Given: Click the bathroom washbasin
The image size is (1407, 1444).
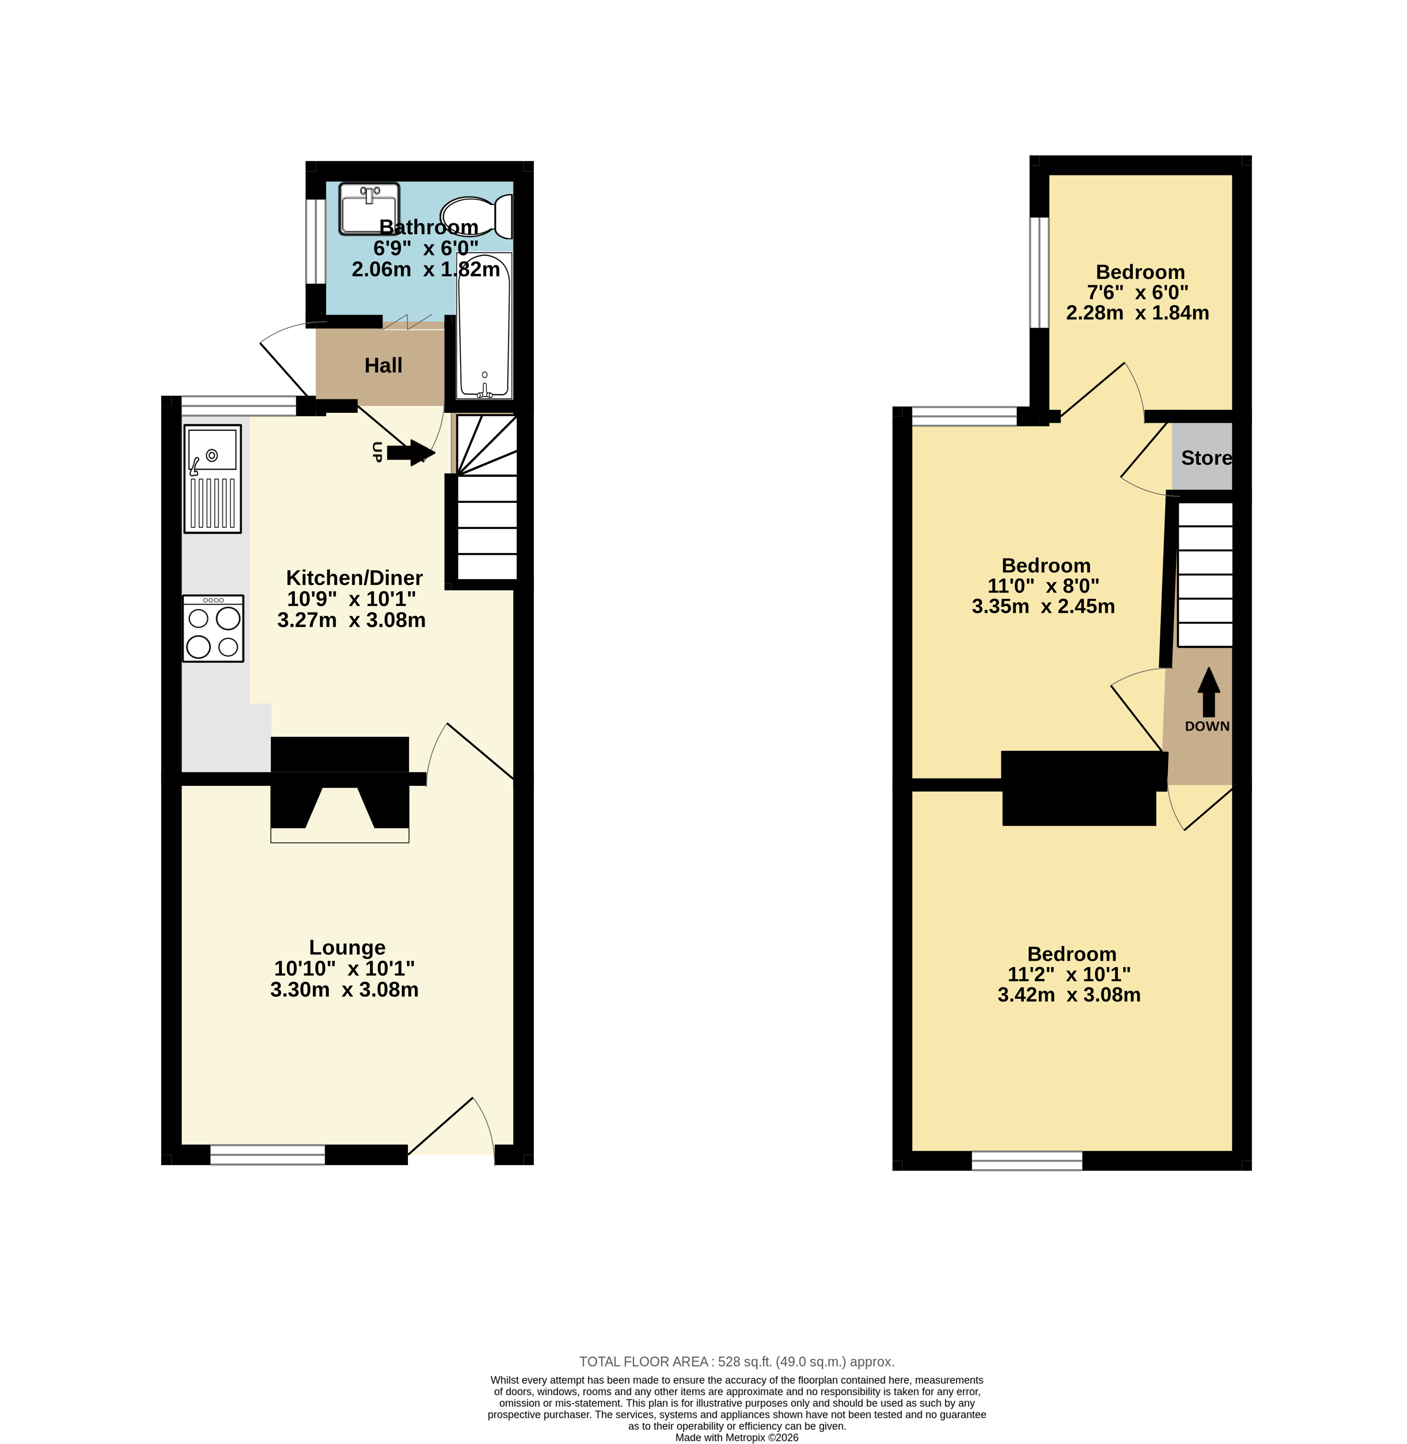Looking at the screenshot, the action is pos(369,209).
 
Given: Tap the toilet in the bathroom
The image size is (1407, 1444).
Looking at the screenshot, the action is pos(477,216).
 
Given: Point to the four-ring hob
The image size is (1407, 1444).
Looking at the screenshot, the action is pos(213,628).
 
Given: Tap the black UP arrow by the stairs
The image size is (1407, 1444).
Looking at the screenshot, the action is pos(411,453).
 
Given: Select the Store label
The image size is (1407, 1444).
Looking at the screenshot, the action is pos(1206,458).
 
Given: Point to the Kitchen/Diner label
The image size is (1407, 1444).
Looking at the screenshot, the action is pos(354,578).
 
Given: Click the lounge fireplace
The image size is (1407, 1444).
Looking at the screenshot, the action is pos(340,789).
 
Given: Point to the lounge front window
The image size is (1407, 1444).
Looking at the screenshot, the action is pos(267,1155).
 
